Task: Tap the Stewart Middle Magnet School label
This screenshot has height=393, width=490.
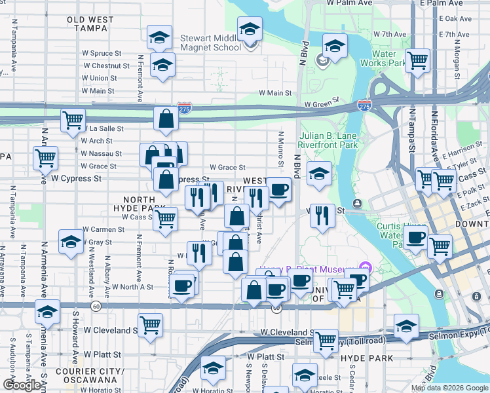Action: pyautogui.click(x=211, y=43)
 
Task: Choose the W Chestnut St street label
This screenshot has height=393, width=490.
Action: pyautogui.click(x=105, y=65)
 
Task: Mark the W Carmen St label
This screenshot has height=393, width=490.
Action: pyautogui.click(x=104, y=230)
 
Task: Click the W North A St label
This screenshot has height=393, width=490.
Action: pyautogui.click(x=132, y=287)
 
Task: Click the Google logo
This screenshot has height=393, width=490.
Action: pyautogui.click(x=22, y=385)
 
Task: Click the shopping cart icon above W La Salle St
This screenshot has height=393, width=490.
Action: pyautogui.click(x=73, y=121)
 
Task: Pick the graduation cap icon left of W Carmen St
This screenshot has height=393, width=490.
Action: pyautogui.click(x=71, y=242)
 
